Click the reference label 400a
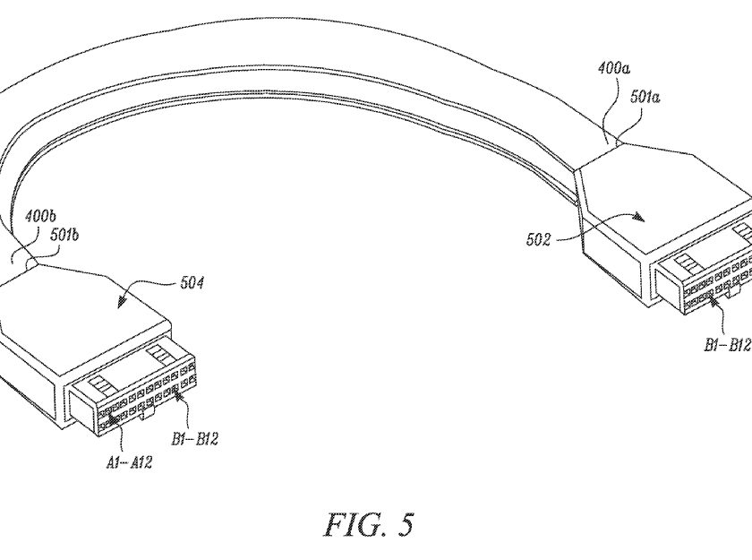pos(613,69)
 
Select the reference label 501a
pos(645,97)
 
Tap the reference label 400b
pos(40,216)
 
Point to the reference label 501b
pos(64,235)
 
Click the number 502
pos(539,239)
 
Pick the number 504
pos(192,282)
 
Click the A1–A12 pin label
pos(129,462)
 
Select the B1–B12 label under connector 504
pos(195,439)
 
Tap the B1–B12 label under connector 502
pos(727,345)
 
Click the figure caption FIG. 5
pos(369,524)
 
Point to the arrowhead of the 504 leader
pos(122,301)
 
